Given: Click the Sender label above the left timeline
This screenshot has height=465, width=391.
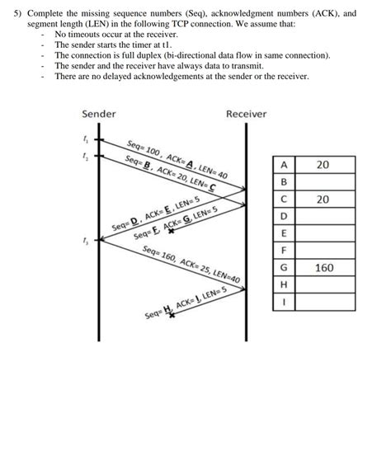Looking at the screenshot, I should pos(99,113).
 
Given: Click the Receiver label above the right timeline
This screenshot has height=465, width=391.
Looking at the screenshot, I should pos(246,113).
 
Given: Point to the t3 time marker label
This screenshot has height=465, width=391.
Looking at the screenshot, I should pos(85,241).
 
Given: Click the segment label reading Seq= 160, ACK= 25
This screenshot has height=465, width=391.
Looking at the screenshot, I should pos(191,264).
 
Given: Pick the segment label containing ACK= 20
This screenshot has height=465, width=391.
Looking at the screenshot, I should pos(171,172).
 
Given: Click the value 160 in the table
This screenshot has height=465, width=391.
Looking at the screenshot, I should pos(324,268).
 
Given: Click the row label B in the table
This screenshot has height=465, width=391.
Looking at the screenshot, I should pos(284,182).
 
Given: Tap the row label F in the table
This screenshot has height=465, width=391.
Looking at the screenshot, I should pos(284,251).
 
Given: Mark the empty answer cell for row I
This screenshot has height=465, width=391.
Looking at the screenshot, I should pos(324,302).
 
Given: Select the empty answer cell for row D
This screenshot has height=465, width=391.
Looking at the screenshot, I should pos(324,216).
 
